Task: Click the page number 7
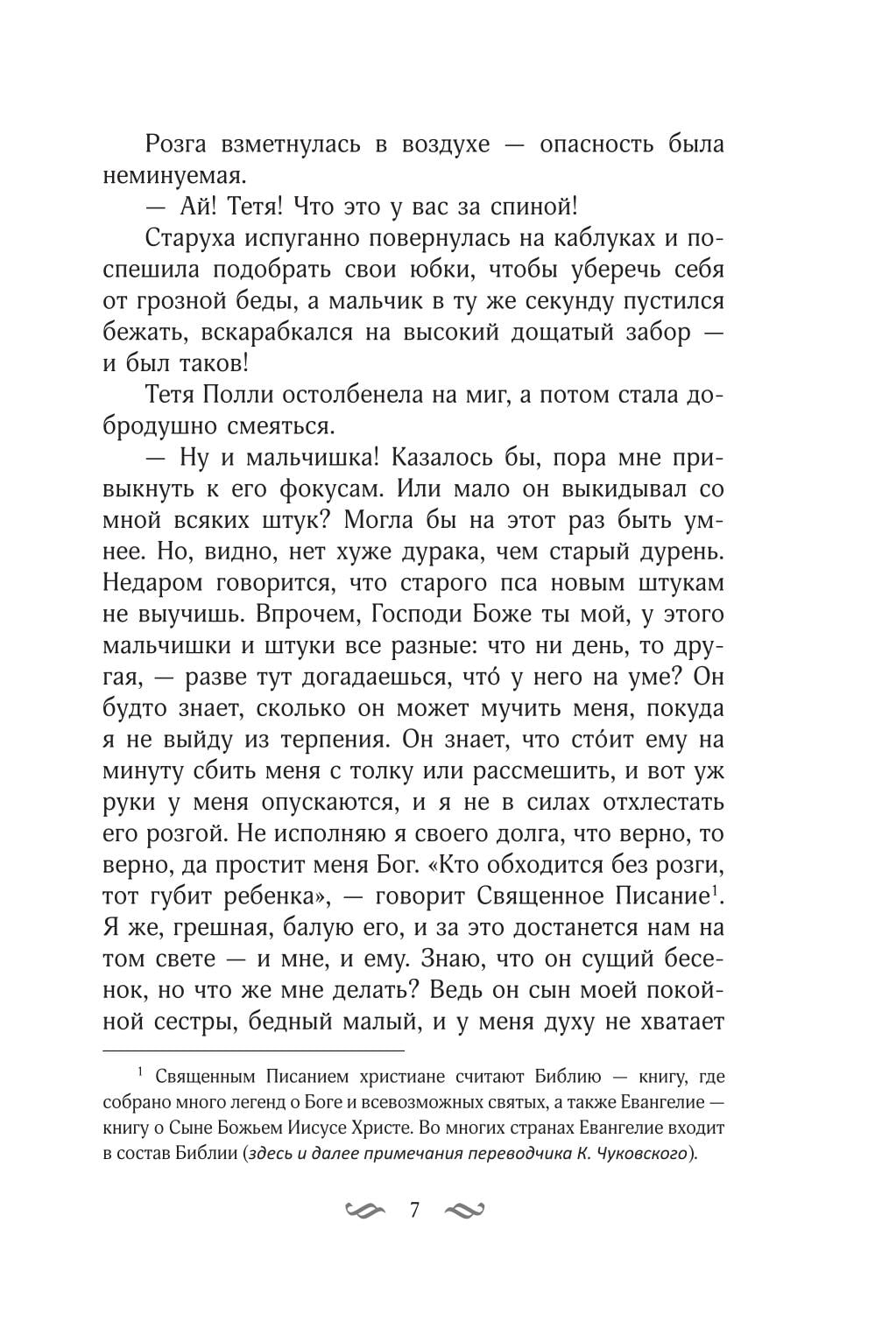tap(415, 1211)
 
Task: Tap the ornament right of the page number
tap(464, 1212)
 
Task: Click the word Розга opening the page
tap(176, 144)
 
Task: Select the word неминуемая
tap(172, 175)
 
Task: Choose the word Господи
tap(415, 615)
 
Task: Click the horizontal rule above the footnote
tap(254, 1049)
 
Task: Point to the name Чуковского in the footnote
tap(649, 1154)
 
